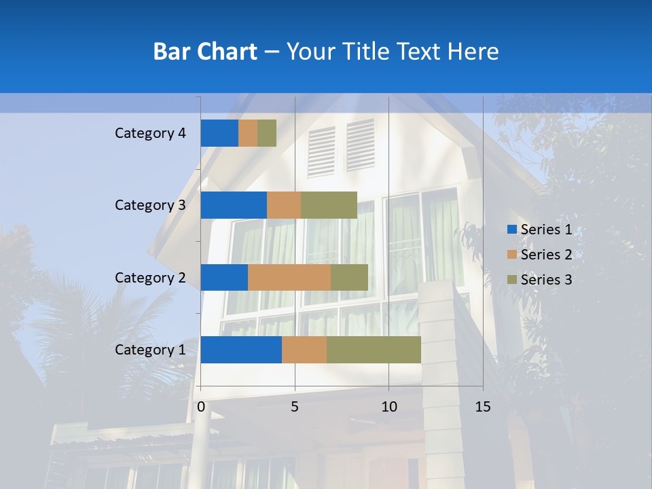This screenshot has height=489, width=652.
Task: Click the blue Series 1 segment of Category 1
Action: coord(241,350)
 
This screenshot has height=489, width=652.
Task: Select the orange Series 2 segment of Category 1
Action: coord(304,350)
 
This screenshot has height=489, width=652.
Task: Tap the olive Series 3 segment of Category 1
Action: coord(374,350)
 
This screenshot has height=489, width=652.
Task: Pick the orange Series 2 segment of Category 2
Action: coord(289,277)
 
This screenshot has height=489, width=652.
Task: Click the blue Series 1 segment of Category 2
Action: coord(224,277)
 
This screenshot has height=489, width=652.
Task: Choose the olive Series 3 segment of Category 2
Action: coord(349,277)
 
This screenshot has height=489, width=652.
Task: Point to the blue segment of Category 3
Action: coord(234,205)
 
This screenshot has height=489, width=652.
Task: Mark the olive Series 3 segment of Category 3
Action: coord(329,205)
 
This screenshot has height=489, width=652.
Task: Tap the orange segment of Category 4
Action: coord(248,133)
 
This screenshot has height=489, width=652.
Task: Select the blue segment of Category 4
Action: coord(219,133)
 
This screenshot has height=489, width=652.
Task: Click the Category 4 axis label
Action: coord(150,133)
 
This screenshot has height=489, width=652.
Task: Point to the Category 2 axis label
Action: coord(150,277)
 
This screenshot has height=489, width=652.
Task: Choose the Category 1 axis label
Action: coord(150,350)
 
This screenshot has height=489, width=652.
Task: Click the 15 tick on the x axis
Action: coord(482,407)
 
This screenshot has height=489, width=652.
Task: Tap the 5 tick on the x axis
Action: coord(295,407)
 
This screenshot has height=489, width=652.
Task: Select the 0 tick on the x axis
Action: coord(201,407)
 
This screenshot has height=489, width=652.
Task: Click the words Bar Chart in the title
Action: coord(205,52)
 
